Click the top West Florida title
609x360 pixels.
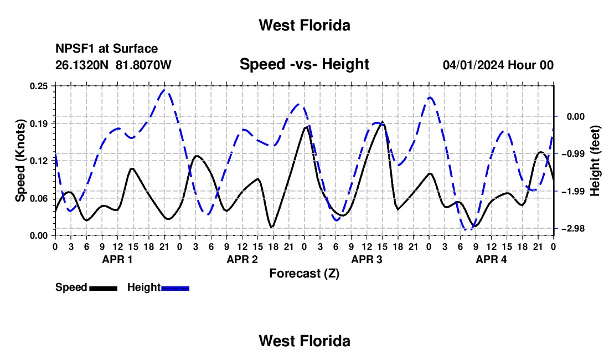pyautogui.click(x=304, y=25)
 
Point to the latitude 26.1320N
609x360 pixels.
pyautogui.click(x=81, y=65)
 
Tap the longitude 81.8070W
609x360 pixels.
pyautogui.click(x=143, y=65)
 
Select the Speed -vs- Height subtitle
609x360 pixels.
pyautogui.click(x=304, y=64)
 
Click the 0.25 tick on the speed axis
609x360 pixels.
pyautogui.click(x=38, y=86)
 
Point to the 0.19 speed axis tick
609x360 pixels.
pyautogui.click(x=38, y=124)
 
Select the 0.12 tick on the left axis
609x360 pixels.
pyautogui.click(x=38, y=161)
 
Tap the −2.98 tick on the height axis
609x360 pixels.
pyautogui.click(x=573, y=229)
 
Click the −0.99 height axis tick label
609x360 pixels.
pyautogui.click(x=573, y=154)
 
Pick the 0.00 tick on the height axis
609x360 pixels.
pyautogui.click(x=576, y=116)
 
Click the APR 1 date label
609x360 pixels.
pyautogui.click(x=117, y=259)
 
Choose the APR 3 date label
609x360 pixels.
pyautogui.click(x=367, y=259)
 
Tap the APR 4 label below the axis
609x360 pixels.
pyautogui.click(x=491, y=259)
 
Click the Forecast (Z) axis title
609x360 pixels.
pyautogui.click(x=304, y=274)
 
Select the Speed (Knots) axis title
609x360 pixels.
pyautogui.click(x=20, y=161)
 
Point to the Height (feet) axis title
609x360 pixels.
pyautogui.click(x=595, y=161)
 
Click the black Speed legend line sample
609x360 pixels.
pyautogui.click(x=104, y=289)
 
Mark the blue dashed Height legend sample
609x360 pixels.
pyautogui.click(x=175, y=289)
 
